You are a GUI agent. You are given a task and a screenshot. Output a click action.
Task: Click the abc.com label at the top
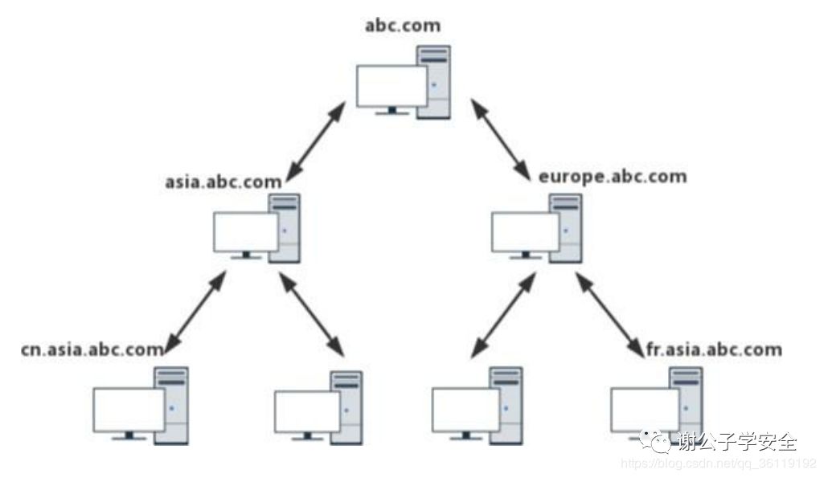pos(403,25)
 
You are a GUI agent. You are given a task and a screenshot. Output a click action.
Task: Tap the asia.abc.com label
pos(223,181)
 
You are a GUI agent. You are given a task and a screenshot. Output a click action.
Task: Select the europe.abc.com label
pos(613,176)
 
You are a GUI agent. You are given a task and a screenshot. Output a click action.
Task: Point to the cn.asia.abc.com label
pos(92,349)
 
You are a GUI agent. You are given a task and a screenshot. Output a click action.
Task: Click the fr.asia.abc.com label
pos(714,349)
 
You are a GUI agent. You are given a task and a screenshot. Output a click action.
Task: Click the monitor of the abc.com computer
pos(392,87)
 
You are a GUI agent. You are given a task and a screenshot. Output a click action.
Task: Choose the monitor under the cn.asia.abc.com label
pos(129,410)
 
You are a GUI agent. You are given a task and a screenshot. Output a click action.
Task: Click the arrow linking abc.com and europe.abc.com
pos(499,138)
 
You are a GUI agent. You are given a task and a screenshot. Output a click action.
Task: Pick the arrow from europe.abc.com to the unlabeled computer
pos(503,313)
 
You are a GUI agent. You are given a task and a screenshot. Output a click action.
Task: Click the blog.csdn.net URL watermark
pos(719,464)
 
